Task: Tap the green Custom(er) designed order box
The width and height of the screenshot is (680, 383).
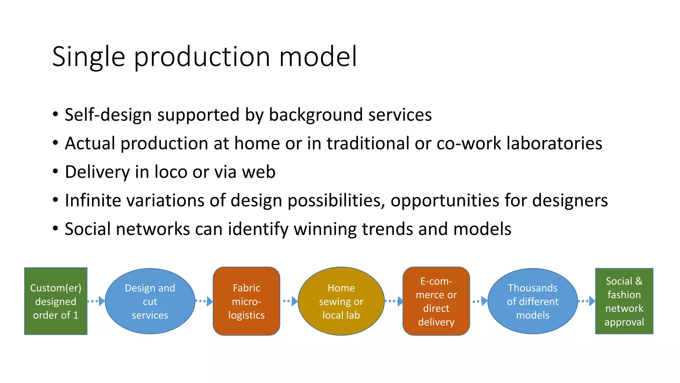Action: (x=56, y=301)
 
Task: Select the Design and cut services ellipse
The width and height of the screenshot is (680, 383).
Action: (x=150, y=301)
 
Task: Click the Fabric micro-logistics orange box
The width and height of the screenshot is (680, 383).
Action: (x=246, y=301)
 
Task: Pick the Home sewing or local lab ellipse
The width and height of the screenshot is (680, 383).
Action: (x=341, y=301)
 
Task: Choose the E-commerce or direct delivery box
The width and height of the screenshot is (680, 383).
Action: (x=436, y=301)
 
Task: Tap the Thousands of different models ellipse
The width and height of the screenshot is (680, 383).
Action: (x=533, y=301)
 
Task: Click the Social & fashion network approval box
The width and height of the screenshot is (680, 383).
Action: (x=624, y=301)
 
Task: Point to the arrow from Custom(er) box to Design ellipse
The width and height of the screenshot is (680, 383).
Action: (x=96, y=301)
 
